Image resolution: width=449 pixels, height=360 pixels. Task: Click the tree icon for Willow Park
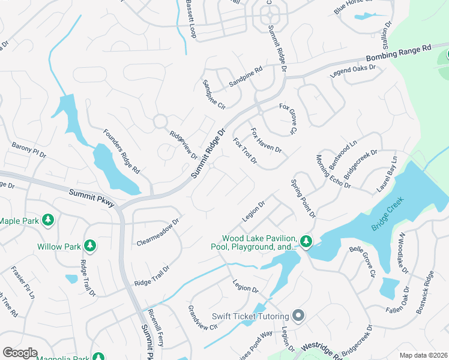[x=89, y=245]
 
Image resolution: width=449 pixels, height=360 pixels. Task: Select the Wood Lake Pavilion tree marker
[x=306, y=241]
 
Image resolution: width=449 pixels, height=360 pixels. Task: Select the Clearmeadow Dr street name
[x=157, y=232]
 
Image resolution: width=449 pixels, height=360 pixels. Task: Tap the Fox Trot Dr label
[x=245, y=151]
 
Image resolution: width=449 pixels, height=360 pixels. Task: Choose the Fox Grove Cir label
[x=288, y=118]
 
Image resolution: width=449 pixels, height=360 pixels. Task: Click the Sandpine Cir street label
[x=213, y=94]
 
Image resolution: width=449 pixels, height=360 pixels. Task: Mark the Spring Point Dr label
[x=303, y=198]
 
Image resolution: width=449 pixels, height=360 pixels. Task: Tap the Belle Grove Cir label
[x=363, y=261]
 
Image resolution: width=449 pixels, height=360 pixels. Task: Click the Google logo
[x=20, y=353]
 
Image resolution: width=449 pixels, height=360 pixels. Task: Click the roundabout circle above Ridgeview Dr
[x=160, y=121]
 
